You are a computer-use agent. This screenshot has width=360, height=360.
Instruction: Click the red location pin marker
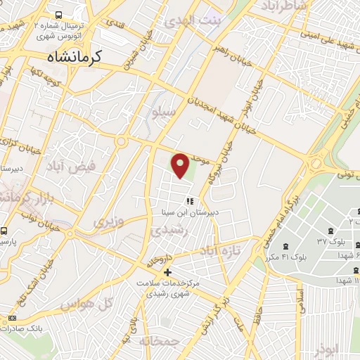point(181,165)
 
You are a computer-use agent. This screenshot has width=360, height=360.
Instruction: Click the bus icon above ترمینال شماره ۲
point(58,14)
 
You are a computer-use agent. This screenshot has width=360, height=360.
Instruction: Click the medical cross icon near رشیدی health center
point(167,272)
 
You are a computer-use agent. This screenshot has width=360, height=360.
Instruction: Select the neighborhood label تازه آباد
point(219,250)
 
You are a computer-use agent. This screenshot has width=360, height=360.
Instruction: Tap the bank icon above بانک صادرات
point(12,319)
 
